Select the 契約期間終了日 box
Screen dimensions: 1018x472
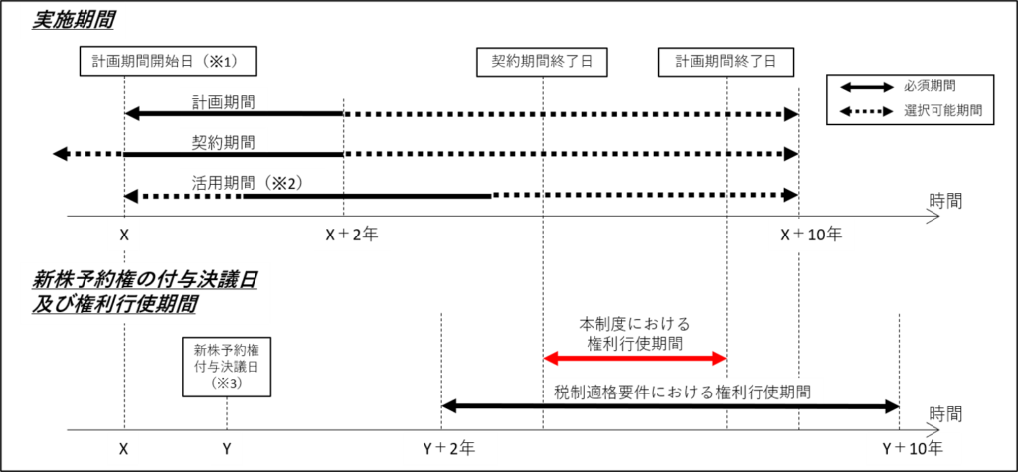[542, 63]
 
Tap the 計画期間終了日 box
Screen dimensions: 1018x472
[726, 63]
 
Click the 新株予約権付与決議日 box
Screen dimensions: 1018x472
[227, 366]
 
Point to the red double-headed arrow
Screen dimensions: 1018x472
[634, 358]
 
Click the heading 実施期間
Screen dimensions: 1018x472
[73, 21]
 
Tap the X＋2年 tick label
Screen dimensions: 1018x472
[351, 235]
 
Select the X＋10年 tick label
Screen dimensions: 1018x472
[811, 235]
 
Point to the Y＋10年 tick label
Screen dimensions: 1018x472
[913, 448]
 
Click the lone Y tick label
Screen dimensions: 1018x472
[227, 448]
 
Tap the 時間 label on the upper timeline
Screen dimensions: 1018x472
[944, 200]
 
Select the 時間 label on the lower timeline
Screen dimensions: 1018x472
[944, 413]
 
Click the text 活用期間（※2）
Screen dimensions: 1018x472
[248, 183]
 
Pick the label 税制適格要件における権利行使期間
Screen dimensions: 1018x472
[684, 392]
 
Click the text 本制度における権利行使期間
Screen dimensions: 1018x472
[634, 332]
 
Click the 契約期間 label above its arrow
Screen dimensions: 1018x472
[215, 141]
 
